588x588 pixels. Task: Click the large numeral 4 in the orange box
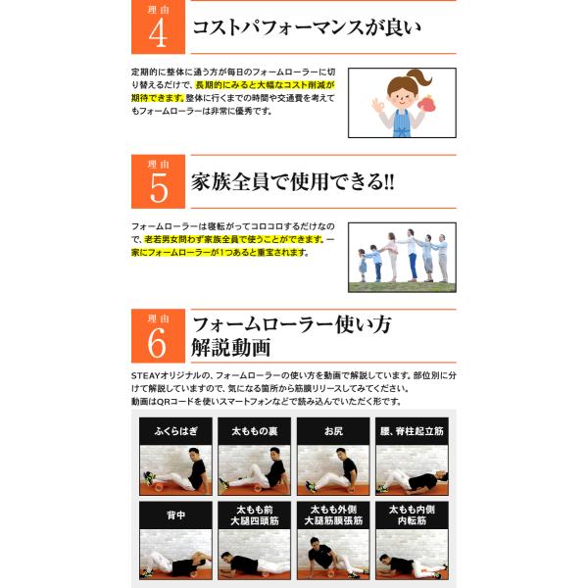[x=158, y=33]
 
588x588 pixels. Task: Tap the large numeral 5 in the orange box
[x=159, y=187]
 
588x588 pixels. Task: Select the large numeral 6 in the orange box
[x=157, y=342]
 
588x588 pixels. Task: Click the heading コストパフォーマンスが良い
[x=307, y=27]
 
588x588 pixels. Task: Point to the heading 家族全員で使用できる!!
[x=293, y=182]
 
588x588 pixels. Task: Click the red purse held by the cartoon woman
[x=426, y=104]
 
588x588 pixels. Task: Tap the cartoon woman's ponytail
[x=420, y=78]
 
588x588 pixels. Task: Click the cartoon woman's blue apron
[x=402, y=122]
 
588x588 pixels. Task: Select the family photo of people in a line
[x=402, y=257]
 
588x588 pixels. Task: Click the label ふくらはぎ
[x=175, y=431]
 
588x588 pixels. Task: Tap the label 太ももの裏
[x=254, y=431]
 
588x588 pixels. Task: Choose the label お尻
[x=333, y=431]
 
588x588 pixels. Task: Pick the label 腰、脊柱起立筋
[x=412, y=431]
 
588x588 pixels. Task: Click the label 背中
[x=175, y=514]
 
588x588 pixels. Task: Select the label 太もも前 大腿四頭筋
[x=254, y=514]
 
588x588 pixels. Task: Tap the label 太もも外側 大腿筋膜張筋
[x=333, y=514]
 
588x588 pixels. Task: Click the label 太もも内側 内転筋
[x=412, y=514]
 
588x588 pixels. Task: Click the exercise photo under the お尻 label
[x=333, y=469]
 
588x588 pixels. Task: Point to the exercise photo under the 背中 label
[x=175, y=555]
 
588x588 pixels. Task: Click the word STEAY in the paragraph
[x=145, y=375]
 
